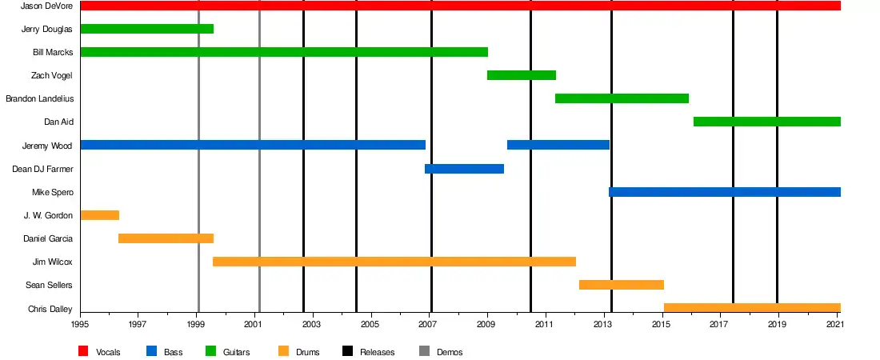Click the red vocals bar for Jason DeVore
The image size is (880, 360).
(460, 6)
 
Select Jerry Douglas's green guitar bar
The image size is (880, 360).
(147, 29)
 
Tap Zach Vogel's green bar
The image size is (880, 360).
(521, 75)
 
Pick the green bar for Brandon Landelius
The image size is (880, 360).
(622, 98)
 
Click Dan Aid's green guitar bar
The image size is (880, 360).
(766, 122)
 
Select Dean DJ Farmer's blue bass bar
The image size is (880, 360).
(464, 169)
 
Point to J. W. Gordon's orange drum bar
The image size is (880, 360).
(100, 215)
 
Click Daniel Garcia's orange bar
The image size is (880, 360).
(166, 238)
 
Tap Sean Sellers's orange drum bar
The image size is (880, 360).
(621, 285)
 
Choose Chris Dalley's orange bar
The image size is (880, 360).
(752, 308)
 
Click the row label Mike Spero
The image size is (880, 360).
(53, 192)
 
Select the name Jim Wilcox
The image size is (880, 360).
(53, 262)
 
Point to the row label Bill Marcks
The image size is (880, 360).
(53, 52)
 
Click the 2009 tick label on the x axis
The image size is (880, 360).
(487, 324)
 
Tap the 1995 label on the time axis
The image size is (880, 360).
(80, 324)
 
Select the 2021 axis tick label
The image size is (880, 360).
(837, 324)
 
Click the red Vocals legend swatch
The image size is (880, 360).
(83, 351)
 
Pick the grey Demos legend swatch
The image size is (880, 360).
(424, 351)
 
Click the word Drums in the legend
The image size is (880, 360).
(307, 352)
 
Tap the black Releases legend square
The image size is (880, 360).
(347, 351)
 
